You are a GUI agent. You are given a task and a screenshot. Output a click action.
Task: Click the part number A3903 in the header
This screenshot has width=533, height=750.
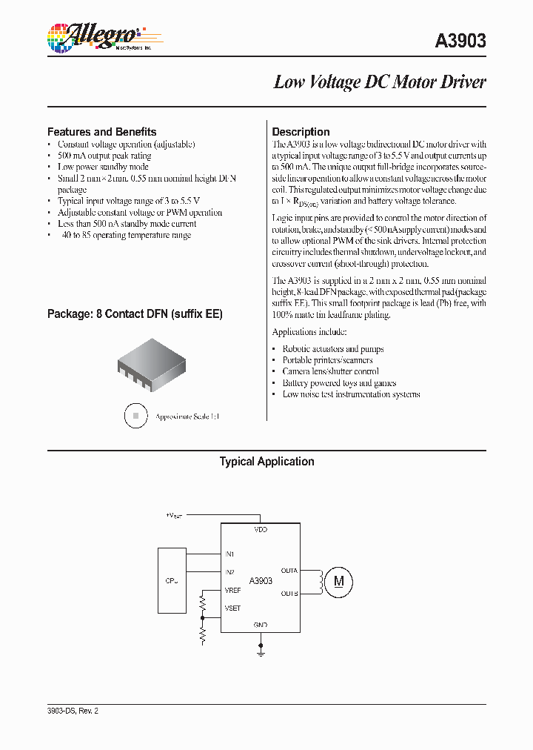(460, 41)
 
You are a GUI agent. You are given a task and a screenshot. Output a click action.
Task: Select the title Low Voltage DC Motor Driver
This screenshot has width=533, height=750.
(380, 82)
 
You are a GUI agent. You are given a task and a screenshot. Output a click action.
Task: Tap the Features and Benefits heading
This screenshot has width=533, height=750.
(102, 132)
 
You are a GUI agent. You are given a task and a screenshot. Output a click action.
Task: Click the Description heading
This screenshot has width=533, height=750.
(301, 132)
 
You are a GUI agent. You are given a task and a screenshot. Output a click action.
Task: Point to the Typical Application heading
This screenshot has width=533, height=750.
(266, 462)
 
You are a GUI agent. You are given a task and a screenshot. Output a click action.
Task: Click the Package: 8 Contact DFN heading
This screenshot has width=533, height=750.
(135, 314)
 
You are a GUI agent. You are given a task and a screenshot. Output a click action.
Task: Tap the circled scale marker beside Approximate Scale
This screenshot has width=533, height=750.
(135, 417)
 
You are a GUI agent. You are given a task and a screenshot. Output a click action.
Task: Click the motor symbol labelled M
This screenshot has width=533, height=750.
(339, 581)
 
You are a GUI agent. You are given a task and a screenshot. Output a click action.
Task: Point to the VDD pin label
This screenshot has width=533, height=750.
(261, 530)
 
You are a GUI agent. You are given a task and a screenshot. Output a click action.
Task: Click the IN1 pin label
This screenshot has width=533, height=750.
(229, 554)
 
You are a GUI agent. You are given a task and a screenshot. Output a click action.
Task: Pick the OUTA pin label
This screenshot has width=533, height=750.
(289, 571)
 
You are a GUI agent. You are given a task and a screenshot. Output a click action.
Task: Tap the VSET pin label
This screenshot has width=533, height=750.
(232, 608)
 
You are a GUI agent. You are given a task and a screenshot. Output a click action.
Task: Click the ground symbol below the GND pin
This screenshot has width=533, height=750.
(261, 651)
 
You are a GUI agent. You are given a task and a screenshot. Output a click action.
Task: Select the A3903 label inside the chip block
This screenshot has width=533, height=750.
(261, 581)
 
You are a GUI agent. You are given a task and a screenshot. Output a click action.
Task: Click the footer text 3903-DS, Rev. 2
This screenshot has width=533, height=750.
(73, 710)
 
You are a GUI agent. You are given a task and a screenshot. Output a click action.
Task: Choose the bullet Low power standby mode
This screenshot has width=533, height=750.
(103, 167)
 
